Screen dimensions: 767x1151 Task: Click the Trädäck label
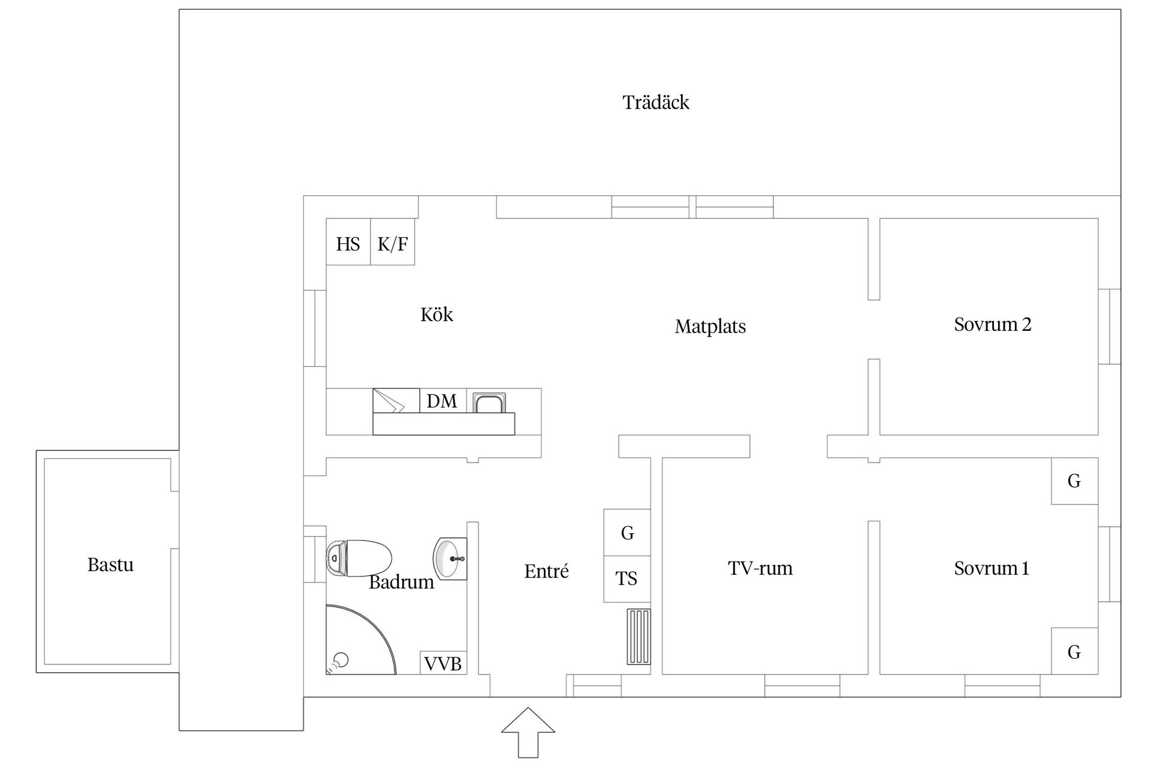coord(656,102)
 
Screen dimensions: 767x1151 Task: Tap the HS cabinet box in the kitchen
coord(348,242)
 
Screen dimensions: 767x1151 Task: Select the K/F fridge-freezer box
coord(393,242)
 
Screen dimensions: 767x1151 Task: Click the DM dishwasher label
coord(442,401)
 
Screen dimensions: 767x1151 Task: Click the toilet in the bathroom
coord(358,558)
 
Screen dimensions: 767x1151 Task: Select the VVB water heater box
coord(443,663)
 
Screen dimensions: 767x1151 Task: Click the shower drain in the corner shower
coord(341,660)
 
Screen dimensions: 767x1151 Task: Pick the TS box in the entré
coord(626,579)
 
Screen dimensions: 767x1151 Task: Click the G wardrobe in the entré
coord(627,532)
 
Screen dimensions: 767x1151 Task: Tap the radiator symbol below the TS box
coord(638,636)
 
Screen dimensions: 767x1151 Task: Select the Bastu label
coord(110,564)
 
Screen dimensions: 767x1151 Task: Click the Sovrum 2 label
coord(992,324)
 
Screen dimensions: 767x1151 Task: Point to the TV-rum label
coord(760,567)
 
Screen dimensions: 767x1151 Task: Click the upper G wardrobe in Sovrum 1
coord(1074,481)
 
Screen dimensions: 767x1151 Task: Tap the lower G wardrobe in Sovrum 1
coord(1074,651)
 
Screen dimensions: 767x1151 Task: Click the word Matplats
coord(710,327)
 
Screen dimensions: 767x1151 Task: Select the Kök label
coord(436,315)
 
